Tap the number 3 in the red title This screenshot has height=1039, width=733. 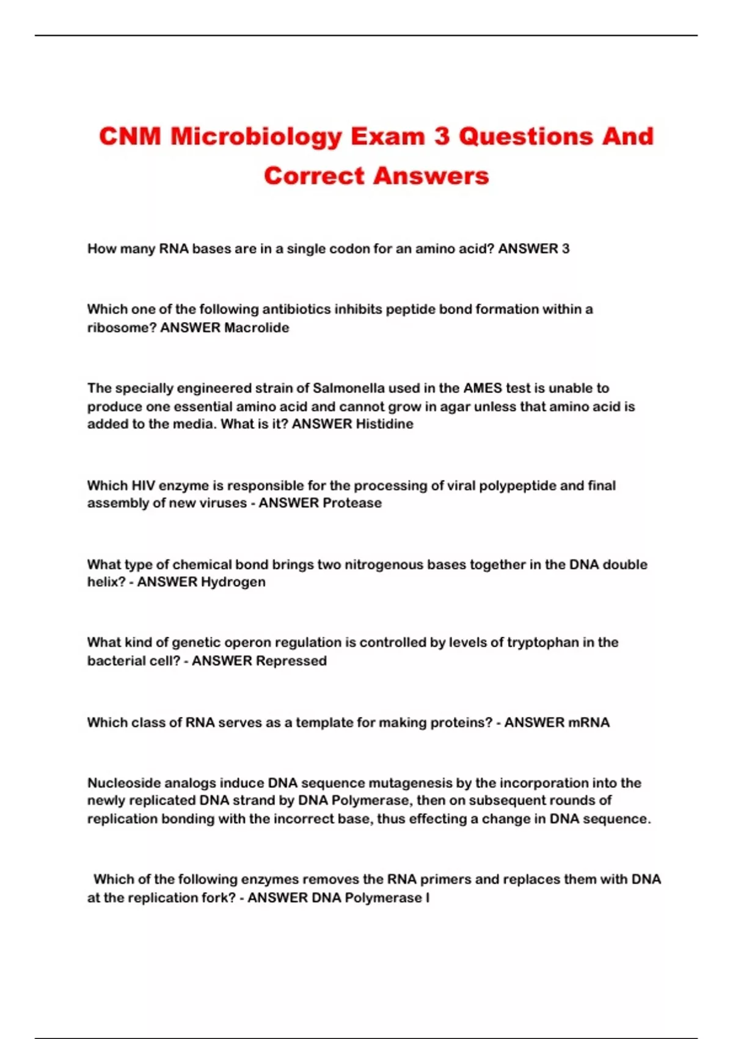tap(442, 136)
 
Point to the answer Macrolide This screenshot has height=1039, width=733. tap(257, 328)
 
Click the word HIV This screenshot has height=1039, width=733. tap(143, 486)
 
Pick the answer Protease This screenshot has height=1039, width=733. tap(352, 503)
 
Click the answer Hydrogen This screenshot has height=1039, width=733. tap(233, 582)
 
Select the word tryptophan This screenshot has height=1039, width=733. tap(543, 642)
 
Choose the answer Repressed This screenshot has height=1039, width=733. tap(291, 661)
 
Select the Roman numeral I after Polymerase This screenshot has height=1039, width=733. tap(428, 898)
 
